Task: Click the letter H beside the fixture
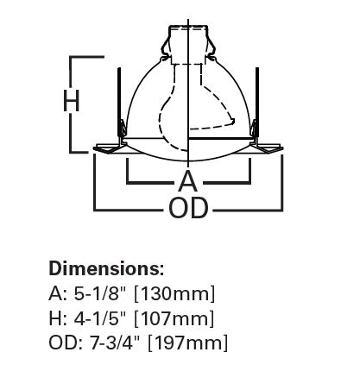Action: tap(72, 102)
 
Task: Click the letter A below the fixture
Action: tap(187, 181)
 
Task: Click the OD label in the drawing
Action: tap(187, 209)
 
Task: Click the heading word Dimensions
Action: tap(106, 267)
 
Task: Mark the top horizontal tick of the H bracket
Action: tap(86, 57)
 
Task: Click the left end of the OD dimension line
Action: tap(95, 208)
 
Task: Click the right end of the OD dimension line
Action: tap(281, 208)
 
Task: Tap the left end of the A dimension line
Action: tap(128, 181)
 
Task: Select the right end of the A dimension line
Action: tap(250, 181)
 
